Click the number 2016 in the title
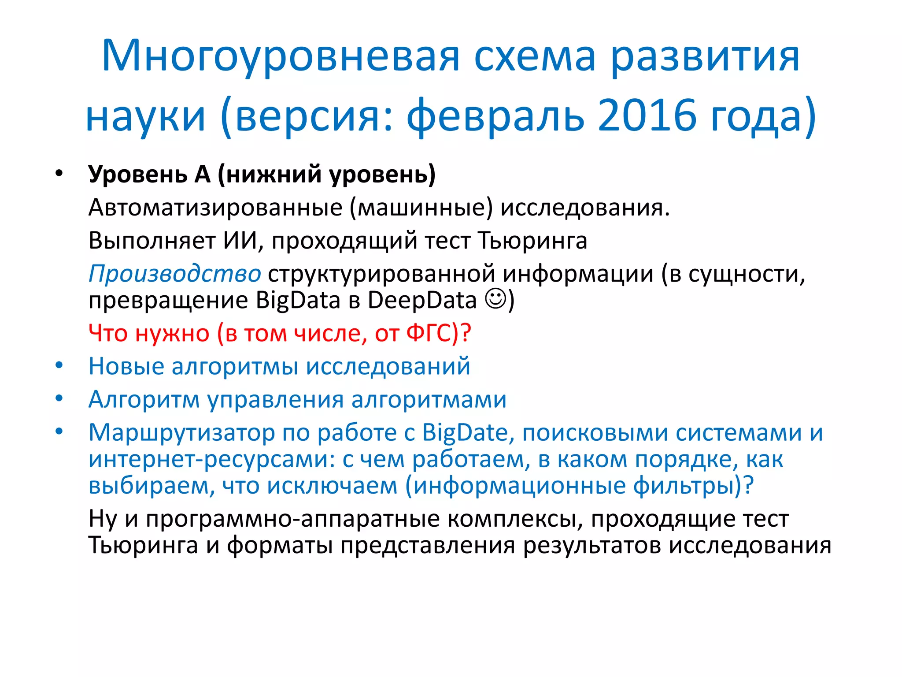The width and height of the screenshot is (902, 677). pyautogui.click(x=647, y=115)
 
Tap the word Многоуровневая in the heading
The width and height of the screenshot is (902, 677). pyautogui.click(x=281, y=56)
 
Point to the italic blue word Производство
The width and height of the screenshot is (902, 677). pyautogui.click(x=174, y=274)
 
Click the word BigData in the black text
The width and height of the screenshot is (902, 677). pyautogui.click(x=298, y=300)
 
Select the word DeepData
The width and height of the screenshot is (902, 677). pyautogui.click(x=422, y=300)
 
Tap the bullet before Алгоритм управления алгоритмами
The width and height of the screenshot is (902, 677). pyautogui.click(x=59, y=398)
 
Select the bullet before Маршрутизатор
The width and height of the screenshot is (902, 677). pyautogui.click(x=59, y=431)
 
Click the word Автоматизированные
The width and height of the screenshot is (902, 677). pyautogui.click(x=215, y=207)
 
